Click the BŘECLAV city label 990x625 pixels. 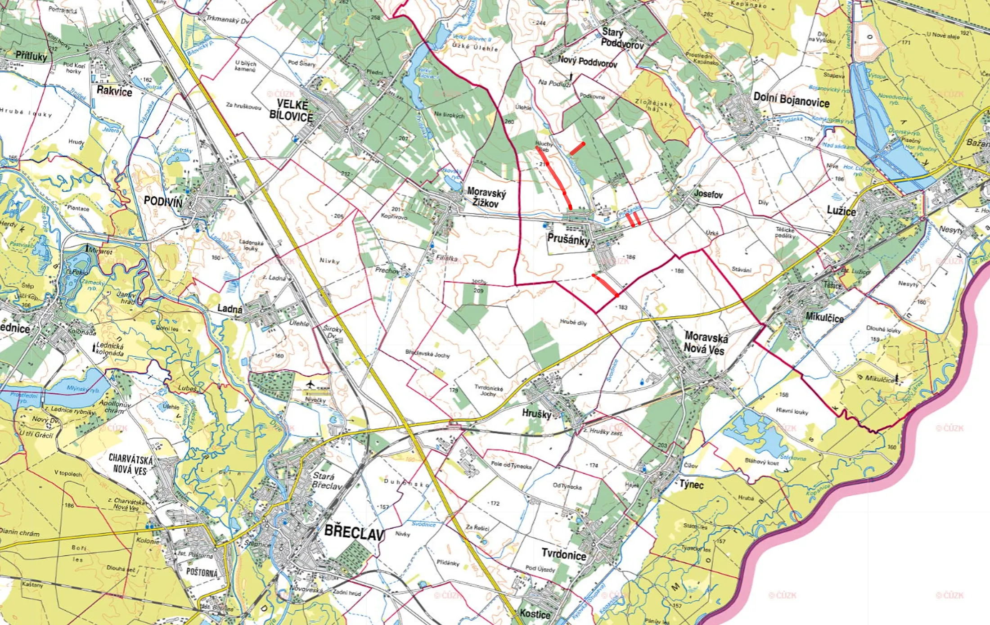[354, 533]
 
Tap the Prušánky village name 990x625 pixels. [568, 239]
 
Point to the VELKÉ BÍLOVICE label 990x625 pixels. [291, 111]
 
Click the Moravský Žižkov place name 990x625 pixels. [486, 198]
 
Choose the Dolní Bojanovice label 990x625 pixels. [791, 99]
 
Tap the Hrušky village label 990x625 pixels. [536, 413]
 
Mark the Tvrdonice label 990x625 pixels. [563, 554]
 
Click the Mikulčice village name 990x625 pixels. [824, 317]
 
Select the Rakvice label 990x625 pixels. [114, 91]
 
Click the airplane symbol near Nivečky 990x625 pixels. [310, 384]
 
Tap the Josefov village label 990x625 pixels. [708, 194]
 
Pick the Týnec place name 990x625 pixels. [691, 485]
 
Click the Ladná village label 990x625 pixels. [229, 309]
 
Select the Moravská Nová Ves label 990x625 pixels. [705, 343]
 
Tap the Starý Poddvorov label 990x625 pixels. [622, 38]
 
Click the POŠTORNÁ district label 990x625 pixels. [202, 572]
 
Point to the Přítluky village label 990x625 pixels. [31, 56]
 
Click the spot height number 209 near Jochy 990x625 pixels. [478, 291]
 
